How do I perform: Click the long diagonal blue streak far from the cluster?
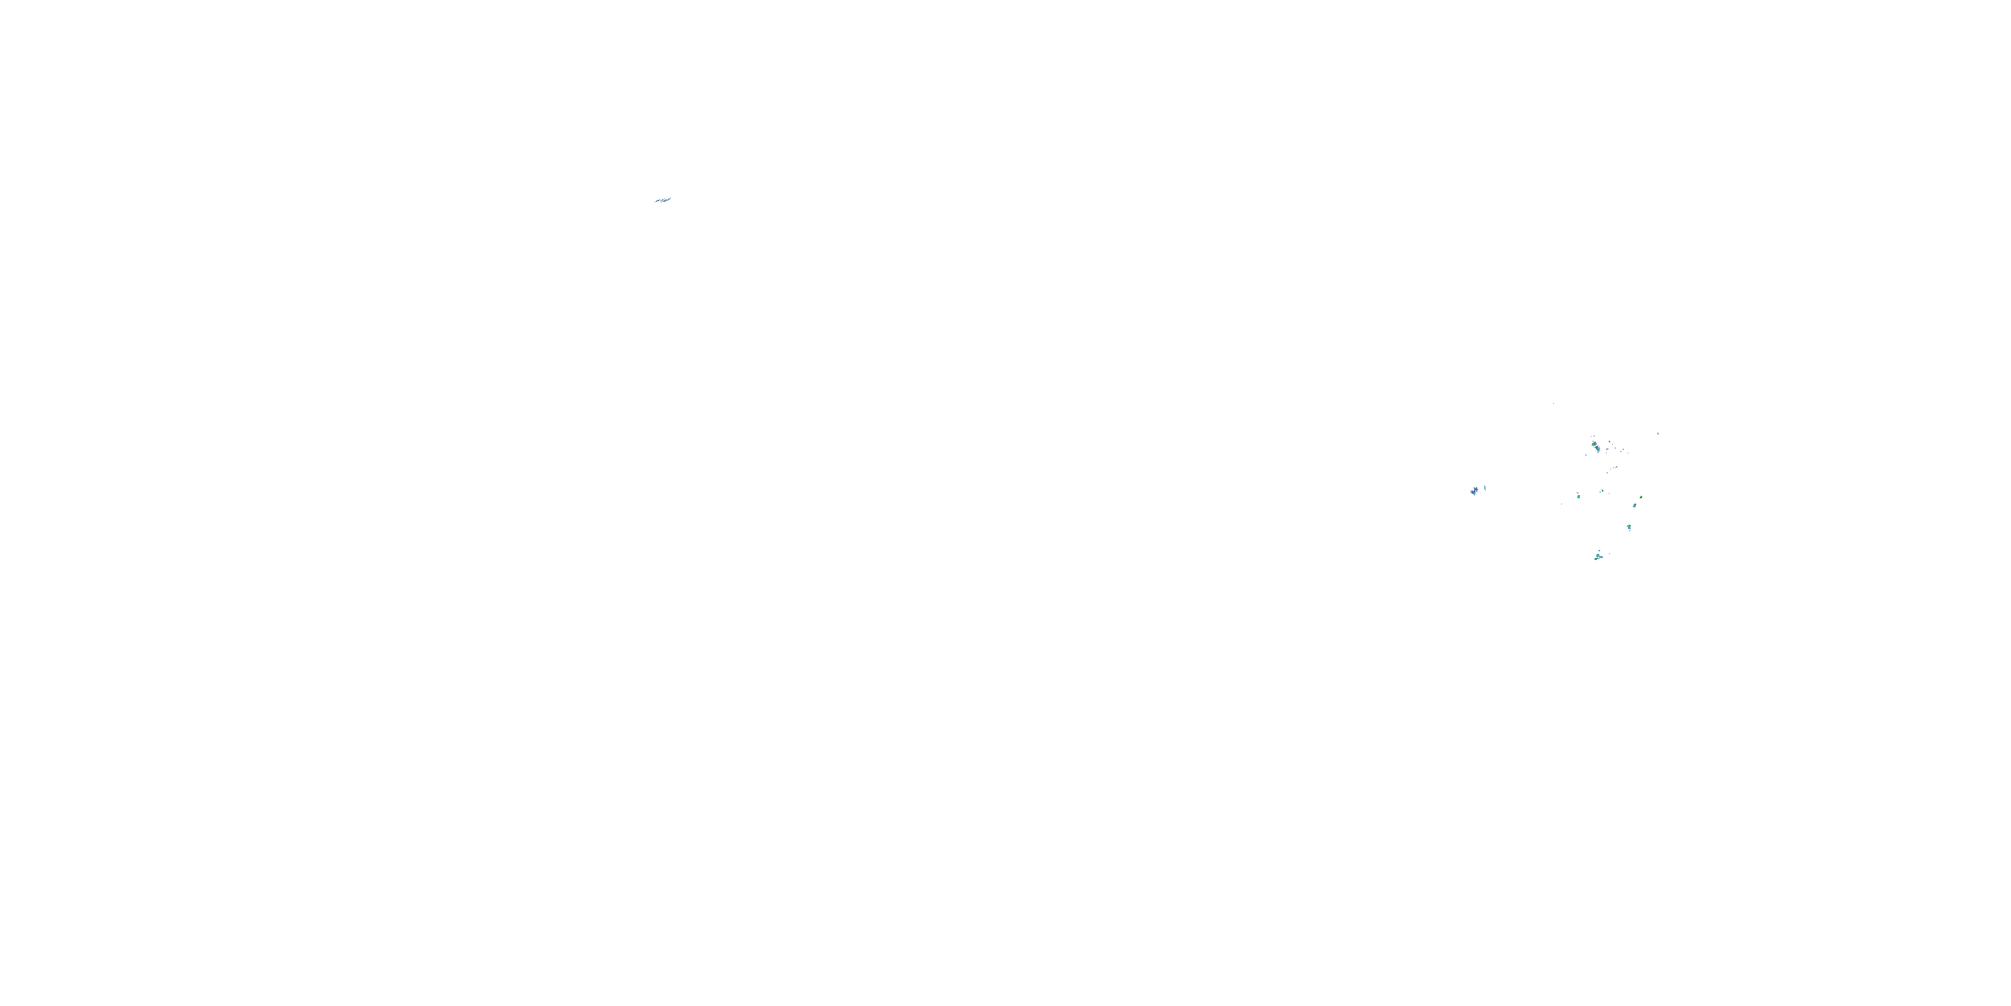(662, 200)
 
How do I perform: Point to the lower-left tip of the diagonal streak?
(654, 203)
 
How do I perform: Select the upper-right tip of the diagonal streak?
(670, 198)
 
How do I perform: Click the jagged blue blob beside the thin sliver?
(1474, 492)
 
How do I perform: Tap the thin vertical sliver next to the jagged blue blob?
(1485, 488)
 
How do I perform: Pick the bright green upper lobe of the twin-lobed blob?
(1594, 445)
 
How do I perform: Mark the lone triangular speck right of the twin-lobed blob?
(1658, 433)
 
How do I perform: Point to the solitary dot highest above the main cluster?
(1554, 403)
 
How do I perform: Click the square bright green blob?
(1578, 496)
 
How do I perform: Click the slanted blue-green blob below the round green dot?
(1634, 505)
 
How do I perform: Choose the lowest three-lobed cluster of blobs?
(1598, 557)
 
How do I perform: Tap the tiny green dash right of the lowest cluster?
(1609, 553)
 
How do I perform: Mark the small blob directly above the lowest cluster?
(1599, 551)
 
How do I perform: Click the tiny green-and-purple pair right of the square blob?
(1602, 492)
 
